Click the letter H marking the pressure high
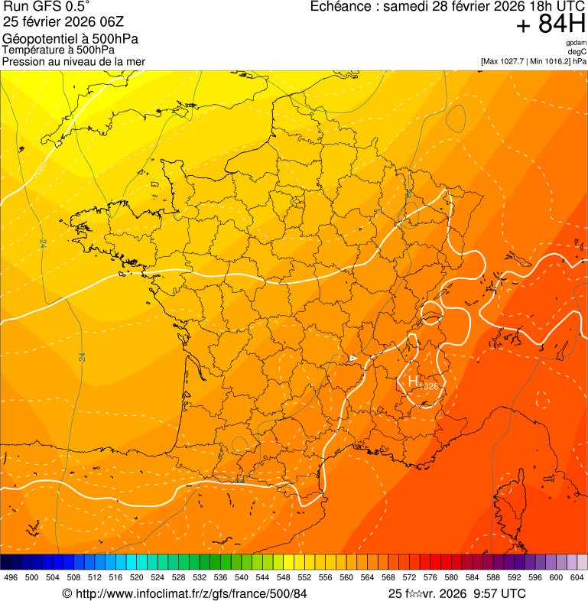point(413,380)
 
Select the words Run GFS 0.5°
point(46,7)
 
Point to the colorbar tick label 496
point(11,577)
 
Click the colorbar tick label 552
point(304,577)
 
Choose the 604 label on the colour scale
point(577,577)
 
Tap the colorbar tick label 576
point(430,577)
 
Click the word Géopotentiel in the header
point(39,39)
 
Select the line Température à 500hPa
point(58,50)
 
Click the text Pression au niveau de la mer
point(73,61)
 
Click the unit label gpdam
point(576,43)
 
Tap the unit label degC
point(577,51)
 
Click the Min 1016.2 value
point(551,60)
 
